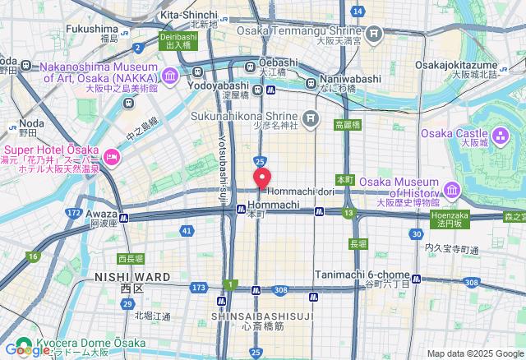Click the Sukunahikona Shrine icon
click(x=311, y=118)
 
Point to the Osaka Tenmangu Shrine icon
click(x=375, y=33)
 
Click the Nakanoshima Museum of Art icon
click(x=170, y=76)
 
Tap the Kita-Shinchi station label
click(x=189, y=15)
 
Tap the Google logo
click(x=26, y=350)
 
